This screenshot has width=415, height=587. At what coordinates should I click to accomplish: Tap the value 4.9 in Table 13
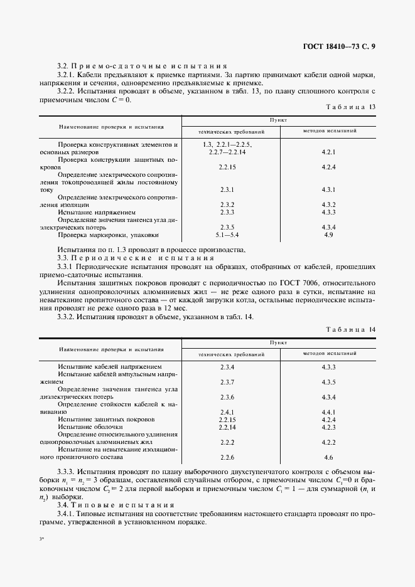click(328, 235)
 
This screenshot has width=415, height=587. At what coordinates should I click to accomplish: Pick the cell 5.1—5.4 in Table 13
click(227, 235)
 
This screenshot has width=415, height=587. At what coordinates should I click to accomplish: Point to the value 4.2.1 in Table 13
click(328, 152)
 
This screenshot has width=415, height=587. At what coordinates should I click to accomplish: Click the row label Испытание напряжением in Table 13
click(96, 212)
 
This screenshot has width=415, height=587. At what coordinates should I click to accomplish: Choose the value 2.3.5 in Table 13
click(227, 227)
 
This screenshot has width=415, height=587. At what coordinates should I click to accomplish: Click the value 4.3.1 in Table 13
click(328, 189)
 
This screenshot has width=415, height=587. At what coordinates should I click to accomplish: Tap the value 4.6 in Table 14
click(328, 457)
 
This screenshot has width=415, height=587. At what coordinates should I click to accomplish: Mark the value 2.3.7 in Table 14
click(227, 382)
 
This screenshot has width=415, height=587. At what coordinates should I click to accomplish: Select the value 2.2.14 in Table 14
click(227, 427)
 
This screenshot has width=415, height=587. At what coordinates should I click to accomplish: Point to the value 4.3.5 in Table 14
click(328, 382)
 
